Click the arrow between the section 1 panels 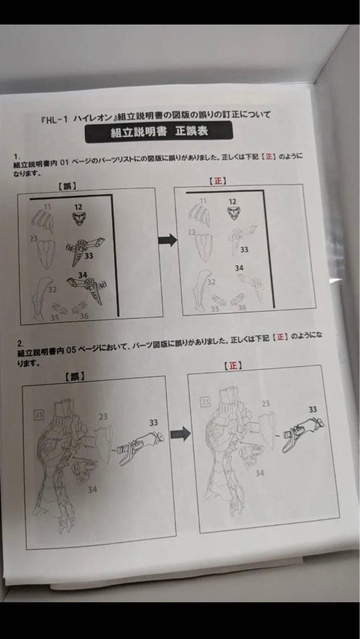point(168,240)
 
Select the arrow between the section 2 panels point(179,434)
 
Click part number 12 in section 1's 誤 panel point(78,206)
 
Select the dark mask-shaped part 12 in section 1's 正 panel point(235,213)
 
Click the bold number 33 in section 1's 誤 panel point(89,256)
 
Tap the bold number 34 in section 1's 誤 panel point(83,275)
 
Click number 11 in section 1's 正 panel point(203,201)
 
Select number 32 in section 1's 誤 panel point(52,290)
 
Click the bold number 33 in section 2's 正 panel point(312,409)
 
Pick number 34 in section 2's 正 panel point(259,473)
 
